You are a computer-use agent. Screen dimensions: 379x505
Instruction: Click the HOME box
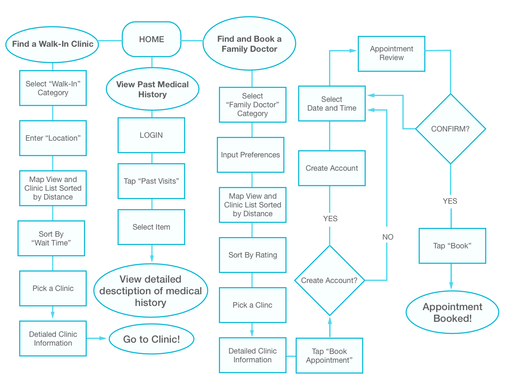tap(151, 40)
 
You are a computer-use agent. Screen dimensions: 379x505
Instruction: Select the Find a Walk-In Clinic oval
tap(53, 44)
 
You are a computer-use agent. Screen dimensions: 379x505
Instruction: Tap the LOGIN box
tap(151, 135)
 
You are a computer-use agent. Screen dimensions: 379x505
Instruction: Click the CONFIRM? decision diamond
tap(450, 129)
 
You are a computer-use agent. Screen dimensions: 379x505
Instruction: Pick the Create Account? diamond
tap(329, 280)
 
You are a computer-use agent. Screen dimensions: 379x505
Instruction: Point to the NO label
tap(388, 237)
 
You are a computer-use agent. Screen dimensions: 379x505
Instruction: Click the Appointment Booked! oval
tap(452, 313)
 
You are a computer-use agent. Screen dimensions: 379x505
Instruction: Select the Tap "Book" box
tap(452, 246)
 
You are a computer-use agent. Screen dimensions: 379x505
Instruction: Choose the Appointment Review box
tap(392, 53)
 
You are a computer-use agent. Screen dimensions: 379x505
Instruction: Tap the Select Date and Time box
tap(332, 104)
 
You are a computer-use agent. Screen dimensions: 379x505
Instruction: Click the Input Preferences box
tap(251, 155)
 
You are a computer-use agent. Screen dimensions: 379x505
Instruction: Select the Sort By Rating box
tap(253, 255)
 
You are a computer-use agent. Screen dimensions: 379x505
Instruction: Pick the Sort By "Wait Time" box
tap(51, 238)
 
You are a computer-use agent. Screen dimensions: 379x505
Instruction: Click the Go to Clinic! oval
tap(152, 339)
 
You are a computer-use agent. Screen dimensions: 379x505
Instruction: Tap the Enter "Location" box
tap(53, 138)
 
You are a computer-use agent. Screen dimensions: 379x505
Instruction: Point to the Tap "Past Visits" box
tap(151, 181)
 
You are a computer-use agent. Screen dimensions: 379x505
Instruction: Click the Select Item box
tap(151, 227)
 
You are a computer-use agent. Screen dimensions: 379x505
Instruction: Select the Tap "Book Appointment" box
tap(329, 356)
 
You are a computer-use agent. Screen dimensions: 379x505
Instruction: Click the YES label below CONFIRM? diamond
tap(450, 201)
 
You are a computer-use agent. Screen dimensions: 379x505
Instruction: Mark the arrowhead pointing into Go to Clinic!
tap(103, 338)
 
